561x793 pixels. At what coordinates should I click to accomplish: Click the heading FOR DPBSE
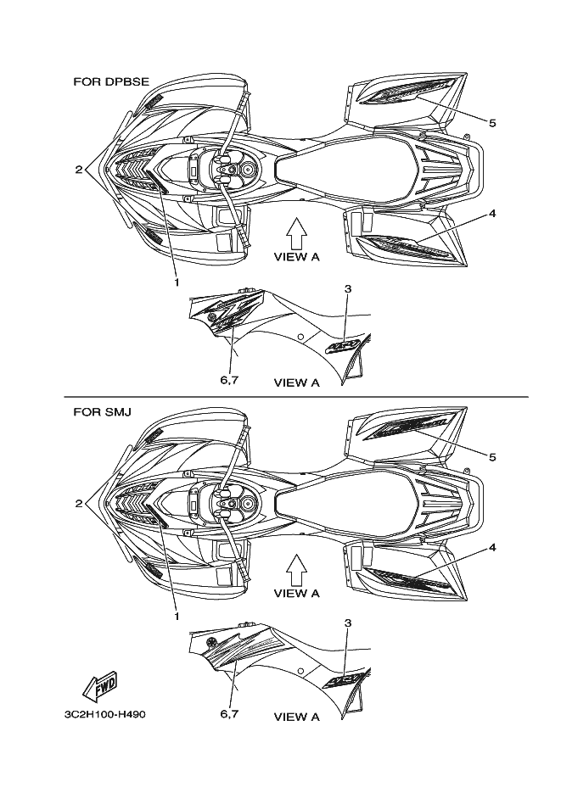[x=111, y=81]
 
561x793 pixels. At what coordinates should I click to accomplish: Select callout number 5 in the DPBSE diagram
[x=492, y=122]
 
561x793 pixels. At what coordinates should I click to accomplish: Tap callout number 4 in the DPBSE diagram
[x=492, y=213]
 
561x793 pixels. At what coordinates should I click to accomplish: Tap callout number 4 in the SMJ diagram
[x=492, y=547]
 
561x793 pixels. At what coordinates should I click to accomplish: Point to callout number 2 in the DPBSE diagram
[x=78, y=169]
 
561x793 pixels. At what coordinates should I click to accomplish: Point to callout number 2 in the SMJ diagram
[x=78, y=503]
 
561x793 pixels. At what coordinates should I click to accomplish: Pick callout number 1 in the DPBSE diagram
[x=177, y=281]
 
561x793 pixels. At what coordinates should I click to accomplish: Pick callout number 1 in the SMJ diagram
[x=177, y=615]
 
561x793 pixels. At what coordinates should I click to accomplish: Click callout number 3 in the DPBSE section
[x=347, y=289]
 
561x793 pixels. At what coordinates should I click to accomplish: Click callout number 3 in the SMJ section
[x=347, y=623]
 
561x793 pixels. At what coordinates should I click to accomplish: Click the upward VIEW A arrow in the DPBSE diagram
[x=295, y=231]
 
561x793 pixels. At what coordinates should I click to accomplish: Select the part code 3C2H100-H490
[x=105, y=715]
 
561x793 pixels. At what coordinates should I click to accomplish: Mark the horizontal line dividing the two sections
[x=297, y=397]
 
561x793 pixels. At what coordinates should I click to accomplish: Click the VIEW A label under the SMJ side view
[x=296, y=717]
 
